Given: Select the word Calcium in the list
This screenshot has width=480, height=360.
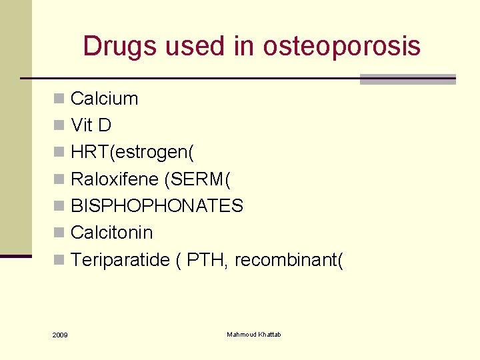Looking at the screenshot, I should click(x=104, y=99).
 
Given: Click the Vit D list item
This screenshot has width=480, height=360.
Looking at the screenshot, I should click(x=91, y=125).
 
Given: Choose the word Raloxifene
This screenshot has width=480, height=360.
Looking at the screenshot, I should click(x=115, y=179).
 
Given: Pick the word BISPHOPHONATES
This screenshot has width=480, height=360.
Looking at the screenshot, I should click(x=157, y=205).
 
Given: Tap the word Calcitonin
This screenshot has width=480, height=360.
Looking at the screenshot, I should click(x=111, y=232).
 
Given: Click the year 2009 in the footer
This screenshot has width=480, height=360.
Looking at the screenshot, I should click(x=59, y=334).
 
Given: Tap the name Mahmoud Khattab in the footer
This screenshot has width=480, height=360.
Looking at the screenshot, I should click(x=254, y=334).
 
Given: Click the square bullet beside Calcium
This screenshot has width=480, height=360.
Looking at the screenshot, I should click(x=59, y=99).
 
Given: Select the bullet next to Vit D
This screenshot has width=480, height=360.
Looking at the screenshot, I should click(x=59, y=126).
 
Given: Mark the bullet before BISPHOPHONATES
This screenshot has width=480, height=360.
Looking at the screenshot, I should click(x=59, y=206).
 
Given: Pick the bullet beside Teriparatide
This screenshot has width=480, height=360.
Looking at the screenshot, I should click(x=59, y=259).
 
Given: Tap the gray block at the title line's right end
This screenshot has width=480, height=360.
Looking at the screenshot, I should click(x=407, y=79).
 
